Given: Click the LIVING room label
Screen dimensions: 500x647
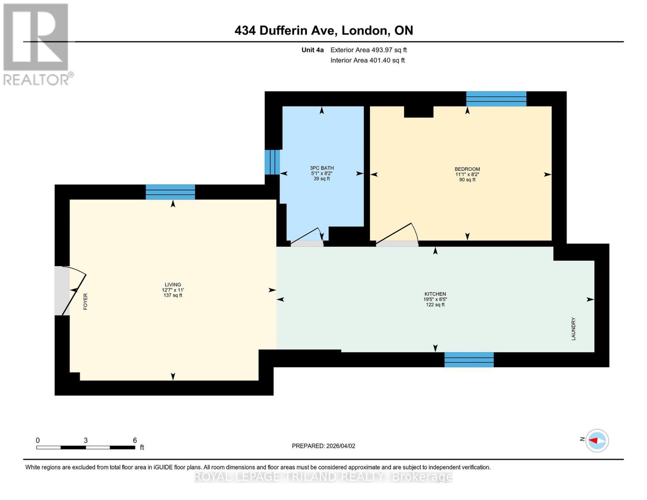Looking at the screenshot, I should [x=172, y=285].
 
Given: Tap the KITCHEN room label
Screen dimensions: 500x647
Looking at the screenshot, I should [x=435, y=294].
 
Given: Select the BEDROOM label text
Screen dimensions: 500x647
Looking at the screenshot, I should [x=467, y=169].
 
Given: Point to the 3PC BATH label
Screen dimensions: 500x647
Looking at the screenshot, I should [x=322, y=168].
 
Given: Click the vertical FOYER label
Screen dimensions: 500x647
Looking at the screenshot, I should [x=85, y=301].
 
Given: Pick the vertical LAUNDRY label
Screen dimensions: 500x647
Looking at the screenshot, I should [x=573, y=329].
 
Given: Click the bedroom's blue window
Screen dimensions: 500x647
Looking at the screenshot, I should [x=496, y=99].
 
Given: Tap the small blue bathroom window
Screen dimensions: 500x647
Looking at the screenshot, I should [x=272, y=162].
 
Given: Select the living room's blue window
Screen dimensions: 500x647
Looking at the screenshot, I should [x=170, y=192].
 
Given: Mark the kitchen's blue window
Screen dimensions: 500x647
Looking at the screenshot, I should [x=469, y=360].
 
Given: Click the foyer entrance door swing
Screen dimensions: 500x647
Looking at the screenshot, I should [x=73, y=290].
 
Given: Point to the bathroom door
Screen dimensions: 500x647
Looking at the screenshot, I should [x=307, y=238].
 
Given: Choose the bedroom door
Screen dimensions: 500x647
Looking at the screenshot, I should [x=396, y=235].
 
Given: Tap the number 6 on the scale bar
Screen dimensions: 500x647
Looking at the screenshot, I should [x=135, y=440].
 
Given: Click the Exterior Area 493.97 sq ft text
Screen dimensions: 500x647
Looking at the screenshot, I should [x=368, y=50].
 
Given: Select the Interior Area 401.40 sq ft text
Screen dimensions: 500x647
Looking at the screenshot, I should [x=367, y=60].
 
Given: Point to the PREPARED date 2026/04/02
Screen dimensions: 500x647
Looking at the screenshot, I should [x=323, y=446].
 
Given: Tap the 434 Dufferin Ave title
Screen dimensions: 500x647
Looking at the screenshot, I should [x=324, y=30].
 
